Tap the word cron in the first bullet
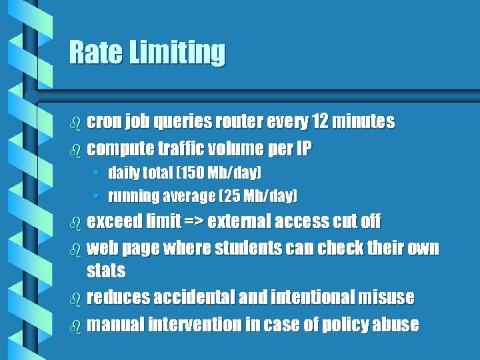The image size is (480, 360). [x=104, y=122]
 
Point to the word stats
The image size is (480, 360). [x=106, y=271]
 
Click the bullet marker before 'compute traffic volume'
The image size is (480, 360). [x=75, y=149]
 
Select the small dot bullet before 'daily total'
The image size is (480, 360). [x=98, y=174]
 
